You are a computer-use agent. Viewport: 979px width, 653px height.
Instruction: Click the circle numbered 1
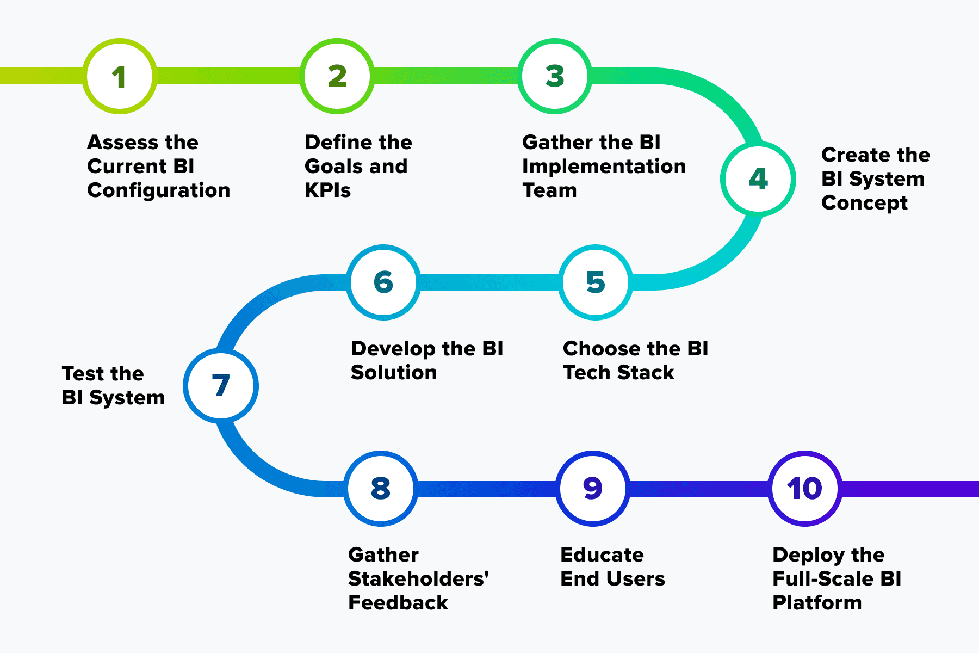[x=120, y=76]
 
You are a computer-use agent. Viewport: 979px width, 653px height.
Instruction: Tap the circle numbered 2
[x=337, y=76]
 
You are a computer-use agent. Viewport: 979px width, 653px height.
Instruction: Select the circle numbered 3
[x=555, y=76]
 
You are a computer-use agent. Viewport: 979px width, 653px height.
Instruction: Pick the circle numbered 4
[x=758, y=179]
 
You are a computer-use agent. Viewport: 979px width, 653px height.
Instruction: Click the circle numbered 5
[x=596, y=282]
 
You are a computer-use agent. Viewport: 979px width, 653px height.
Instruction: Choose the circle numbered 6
[x=383, y=282]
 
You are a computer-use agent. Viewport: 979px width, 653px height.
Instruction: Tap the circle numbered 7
[x=221, y=386]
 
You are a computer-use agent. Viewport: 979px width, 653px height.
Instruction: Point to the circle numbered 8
[x=381, y=489]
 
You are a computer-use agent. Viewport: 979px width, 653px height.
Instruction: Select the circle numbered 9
[x=593, y=489]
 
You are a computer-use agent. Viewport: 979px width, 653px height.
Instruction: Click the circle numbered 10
[x=805, y=489]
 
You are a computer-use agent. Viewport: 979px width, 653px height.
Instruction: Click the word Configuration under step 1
[x=158, y=190]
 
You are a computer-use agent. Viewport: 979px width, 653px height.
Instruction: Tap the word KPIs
[x=327, y=190]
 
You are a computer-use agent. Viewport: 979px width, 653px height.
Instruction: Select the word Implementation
[x=604, y=167]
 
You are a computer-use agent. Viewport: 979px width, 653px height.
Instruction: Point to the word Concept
[x=864, y=203]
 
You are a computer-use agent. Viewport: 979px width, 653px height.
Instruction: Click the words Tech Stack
[x=618, y=373]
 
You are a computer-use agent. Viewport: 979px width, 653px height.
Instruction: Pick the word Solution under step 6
[x=394, y=373]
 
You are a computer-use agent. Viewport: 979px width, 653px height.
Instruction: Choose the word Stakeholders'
[x=418, y=579]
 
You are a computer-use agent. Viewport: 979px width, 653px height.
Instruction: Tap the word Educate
[x=602, y=555]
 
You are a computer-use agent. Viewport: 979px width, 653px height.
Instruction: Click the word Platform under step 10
[x=817, y=603]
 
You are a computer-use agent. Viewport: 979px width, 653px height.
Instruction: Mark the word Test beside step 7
[x=82, y=374]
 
